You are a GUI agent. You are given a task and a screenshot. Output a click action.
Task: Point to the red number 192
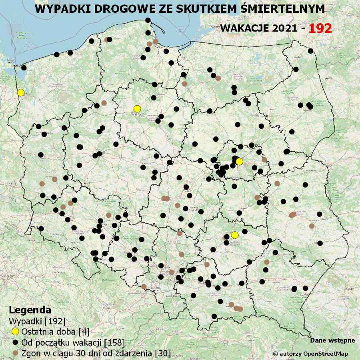(x=320, y=28)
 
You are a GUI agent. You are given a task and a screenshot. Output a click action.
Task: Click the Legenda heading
(x=30, y=310)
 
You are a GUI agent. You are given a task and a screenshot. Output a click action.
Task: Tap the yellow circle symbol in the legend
(x=16, y=332)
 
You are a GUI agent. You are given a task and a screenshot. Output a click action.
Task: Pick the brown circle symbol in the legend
(x=16, y=353)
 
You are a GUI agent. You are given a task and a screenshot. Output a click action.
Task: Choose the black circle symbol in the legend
(x=16, y=342)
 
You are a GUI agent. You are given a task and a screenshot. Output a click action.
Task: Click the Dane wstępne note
(x=332, y=340)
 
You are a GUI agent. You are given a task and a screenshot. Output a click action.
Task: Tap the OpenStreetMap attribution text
(x=310, y=354)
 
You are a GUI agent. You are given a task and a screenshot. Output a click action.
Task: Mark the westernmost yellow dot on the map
(x=21, y=92)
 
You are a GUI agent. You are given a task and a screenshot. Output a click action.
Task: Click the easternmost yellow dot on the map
(x=239, y=161)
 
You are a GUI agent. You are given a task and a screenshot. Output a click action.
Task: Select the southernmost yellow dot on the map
(x=235, y=235)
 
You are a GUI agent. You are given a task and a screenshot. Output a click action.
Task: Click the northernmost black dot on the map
(x=148, y=20)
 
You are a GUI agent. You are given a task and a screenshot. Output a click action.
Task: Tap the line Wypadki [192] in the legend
(x=37, y=321)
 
